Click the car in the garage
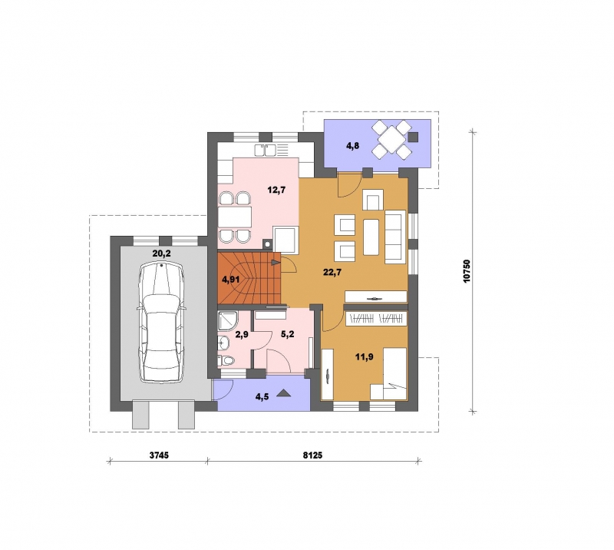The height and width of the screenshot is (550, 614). pyautogui.click(x=161, y=323)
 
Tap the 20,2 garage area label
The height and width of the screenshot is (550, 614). pyautogui.click(x=161, y=253)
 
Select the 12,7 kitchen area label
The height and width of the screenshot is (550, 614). pyautogui.click(x=276, y=191)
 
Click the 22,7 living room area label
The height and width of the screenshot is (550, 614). pyautogui.click(x=332, y=272)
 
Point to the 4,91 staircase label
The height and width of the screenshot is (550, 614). pyautogui.click(x=231, y=280)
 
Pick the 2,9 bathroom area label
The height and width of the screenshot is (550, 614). pyautogui.click(x=242, y=334)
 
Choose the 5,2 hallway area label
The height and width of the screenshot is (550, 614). pyautogui.click(x=287, y=334)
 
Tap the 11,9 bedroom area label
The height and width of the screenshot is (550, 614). pyautogui.click(x=364, y=356)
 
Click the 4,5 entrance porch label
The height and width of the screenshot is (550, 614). pyautogui.click(x=262, y=396)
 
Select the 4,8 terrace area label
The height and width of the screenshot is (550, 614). pyautogui.click(x=352, y=146)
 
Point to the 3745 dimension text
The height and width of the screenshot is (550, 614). pyautogui.click(x=159, y=455)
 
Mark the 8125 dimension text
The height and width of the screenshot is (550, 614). pyautogui.click(x=312, y=455)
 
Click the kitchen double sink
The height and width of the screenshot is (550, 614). pyautogui.click(x=265, y=150)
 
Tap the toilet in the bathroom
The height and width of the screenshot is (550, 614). pyautogui.click(x=226, y=359)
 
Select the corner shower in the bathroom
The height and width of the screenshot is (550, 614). pyautogui.click(x=226, y=321)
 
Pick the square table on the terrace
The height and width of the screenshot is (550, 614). pyautogui.click(x=391, y=139)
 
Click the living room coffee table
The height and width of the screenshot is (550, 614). pyautogui.click(x=371, y=237)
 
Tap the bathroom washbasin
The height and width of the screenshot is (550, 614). pyautogui.click(x=223, y=343)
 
